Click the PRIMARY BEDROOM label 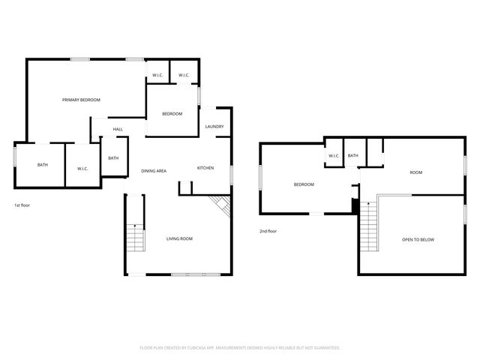click(x=81, y=100)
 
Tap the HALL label click(x=118, y=130)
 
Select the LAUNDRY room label click(x=214, y=127)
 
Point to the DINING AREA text click(x=154, y=171)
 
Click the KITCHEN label click(x=205, y=168)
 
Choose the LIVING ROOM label click(x=179, y=238)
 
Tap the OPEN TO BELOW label click(x=418, y=240)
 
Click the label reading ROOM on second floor click(x=415, y=172)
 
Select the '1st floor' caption click(x=22, y=205)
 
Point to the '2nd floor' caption click(x=268, y=231)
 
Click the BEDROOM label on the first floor click(x=172, y=114)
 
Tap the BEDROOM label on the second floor click(x=303, y=184)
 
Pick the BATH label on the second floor click(x=352, y=156)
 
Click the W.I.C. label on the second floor click(x=334, y=156)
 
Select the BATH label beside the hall click(x=112, y=158)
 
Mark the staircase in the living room click(x=134, y=238)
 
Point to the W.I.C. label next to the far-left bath click(x=82, y=169)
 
